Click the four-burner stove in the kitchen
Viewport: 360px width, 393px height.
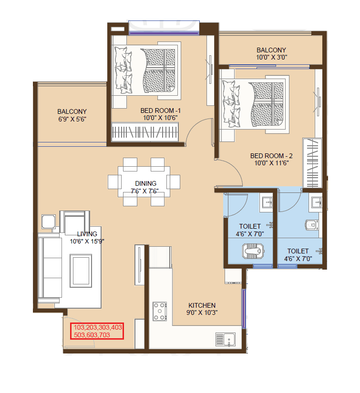pos(159,311)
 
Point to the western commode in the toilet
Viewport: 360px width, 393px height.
pos(311,224)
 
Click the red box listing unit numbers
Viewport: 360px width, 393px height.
pos(97,331)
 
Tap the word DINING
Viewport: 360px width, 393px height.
pos(145,183)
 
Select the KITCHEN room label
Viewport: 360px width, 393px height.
pos(202,305)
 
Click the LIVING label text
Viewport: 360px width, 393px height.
pos(87,234)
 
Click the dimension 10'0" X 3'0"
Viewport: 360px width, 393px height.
pos(271,57)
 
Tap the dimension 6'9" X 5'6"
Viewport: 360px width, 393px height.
pos(72,119)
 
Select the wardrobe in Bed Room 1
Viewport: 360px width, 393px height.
pos(145,132)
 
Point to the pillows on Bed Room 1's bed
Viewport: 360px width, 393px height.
pos(123,70)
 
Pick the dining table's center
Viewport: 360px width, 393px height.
pos(144,182)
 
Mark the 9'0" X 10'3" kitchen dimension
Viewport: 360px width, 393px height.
pos(202,312)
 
